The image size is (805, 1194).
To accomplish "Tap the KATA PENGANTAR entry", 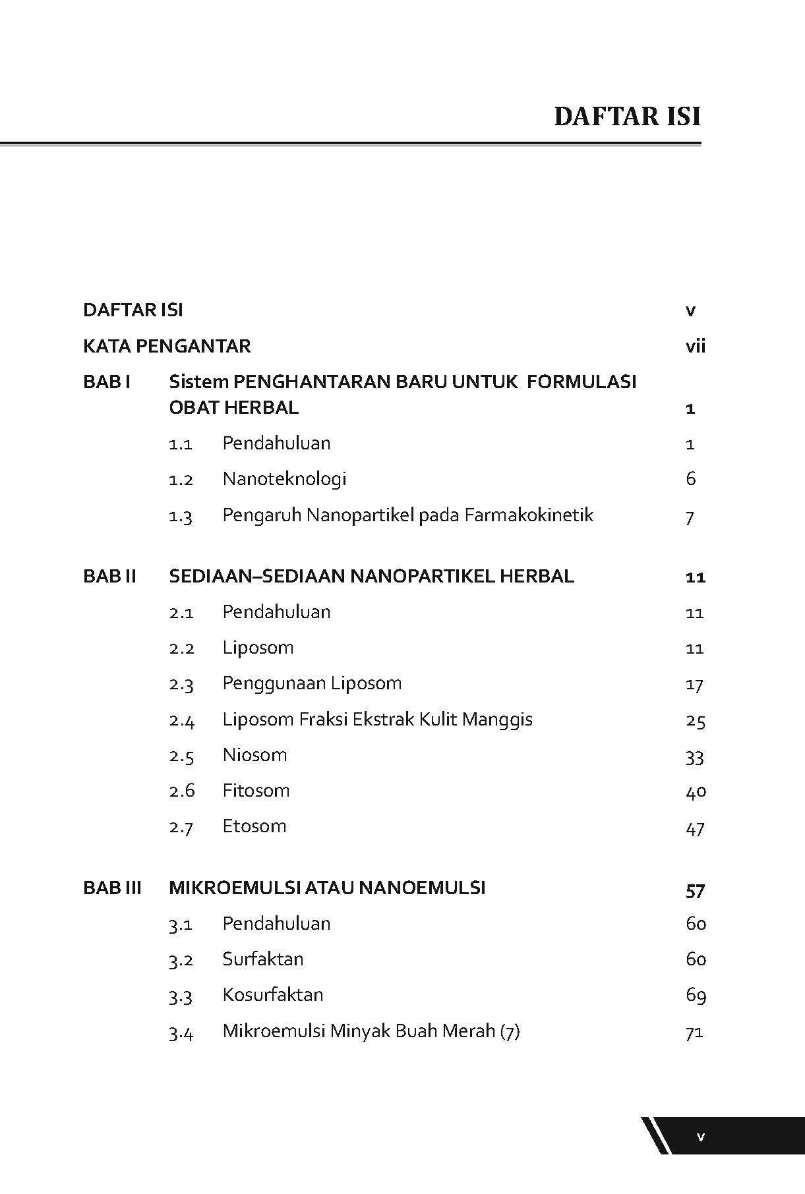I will (x=167, y=346).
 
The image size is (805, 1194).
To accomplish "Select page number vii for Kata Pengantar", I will (x=695, y=346).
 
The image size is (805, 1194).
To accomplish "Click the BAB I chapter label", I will (x=107, y=382).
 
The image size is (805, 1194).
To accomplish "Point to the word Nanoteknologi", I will (x=284, y=478).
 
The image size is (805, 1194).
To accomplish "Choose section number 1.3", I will (x=180, y=515).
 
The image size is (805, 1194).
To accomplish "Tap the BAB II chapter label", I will (x=109, y=576).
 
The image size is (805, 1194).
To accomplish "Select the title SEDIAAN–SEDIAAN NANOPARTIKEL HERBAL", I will (x=371, y=576).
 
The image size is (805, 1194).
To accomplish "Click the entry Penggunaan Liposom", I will (x=312, y=683).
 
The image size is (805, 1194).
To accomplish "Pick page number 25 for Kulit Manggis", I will (x=696, y=720).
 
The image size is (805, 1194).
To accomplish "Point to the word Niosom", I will (x=254, y=754).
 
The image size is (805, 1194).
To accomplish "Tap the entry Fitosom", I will (x=256, y=790).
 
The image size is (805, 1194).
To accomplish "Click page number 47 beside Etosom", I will (x=696, y=827).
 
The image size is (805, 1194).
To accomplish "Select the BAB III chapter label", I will (x=112, y=888).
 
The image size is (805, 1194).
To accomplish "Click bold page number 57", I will (x=696, y=890).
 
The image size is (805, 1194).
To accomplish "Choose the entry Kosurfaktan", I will (x=273, y=994).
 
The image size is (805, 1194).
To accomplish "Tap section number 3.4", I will (x=181, y=1031).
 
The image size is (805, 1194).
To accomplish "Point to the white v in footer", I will (x=701, y=1136).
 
